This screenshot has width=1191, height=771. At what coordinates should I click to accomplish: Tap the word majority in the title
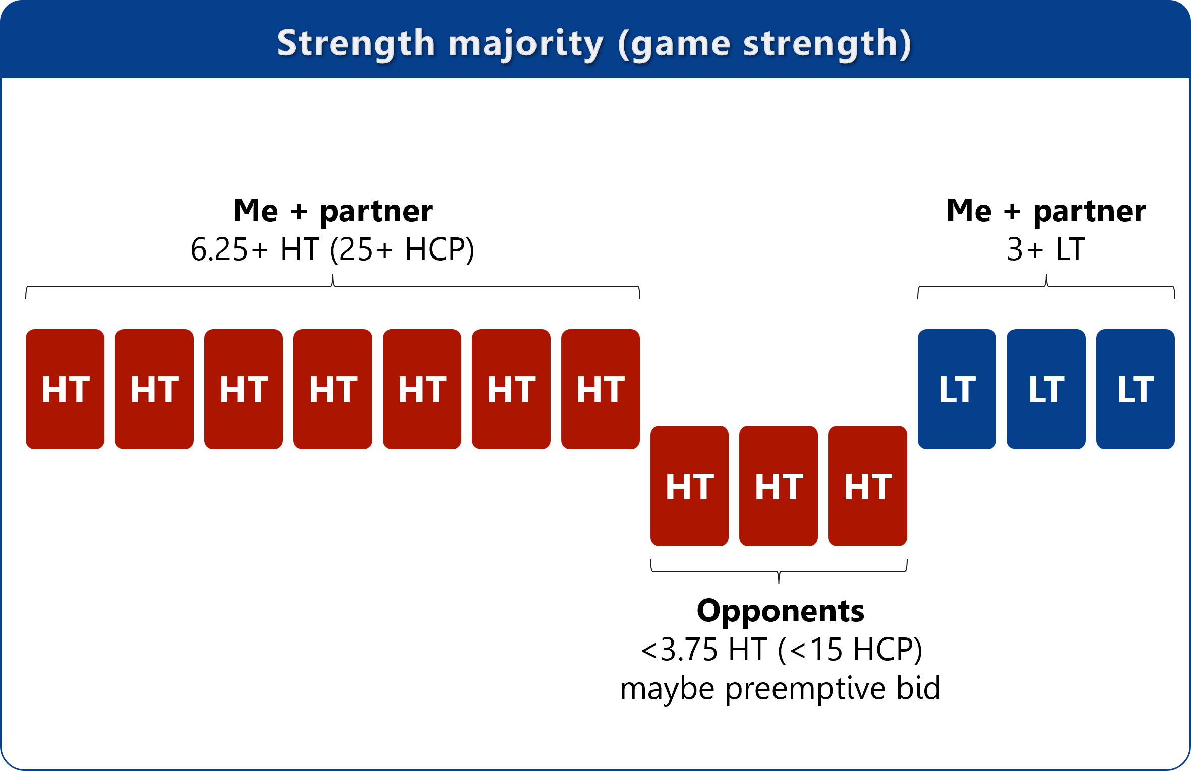coord(526,44)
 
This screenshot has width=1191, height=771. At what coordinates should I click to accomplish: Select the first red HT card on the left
coord(65,389)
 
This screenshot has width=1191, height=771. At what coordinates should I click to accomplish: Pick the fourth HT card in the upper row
coord(333,389)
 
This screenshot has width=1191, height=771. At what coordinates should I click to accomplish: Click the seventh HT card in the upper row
coord(601,389)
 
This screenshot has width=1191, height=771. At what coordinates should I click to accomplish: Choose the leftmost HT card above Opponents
coord(689,486)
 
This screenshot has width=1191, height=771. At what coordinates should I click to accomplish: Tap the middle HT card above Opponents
coord(779,486)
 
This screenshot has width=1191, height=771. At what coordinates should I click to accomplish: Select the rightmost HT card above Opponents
coord(868,486)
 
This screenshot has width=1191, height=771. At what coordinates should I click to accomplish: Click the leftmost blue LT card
coord(957,389)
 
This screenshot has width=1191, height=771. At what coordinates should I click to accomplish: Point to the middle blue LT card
coord(1046,389)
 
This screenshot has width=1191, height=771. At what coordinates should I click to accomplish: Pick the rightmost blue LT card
coord(1136,389)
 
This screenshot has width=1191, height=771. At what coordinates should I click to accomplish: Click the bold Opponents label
coord(781,611)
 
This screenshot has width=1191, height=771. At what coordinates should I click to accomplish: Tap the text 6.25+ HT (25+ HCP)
coord(333,249)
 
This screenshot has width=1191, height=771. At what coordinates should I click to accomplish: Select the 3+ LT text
coord(1046,249)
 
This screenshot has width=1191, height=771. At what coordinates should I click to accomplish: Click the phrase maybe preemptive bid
coord(781,689)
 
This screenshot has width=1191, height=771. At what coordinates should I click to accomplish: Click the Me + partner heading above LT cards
coord(1046,211)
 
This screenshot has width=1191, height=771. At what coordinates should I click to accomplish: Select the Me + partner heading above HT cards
coord(333,211)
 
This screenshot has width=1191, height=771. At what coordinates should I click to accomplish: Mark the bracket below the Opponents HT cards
coord(779,571)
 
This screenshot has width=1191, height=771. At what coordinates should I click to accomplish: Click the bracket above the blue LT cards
coord(1046,286)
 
